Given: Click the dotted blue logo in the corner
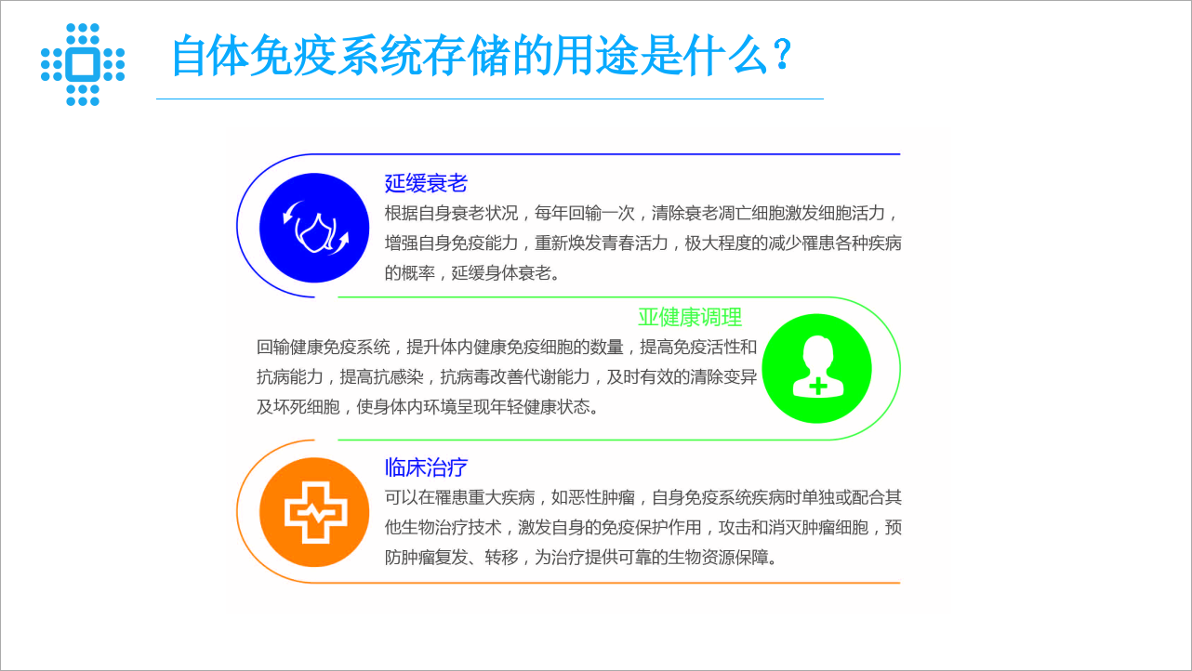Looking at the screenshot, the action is tap(83, 64).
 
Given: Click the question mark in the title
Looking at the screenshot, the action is tap(782, 54).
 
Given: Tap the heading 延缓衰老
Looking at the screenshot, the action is tap(426, 183).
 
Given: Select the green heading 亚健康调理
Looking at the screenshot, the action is tap(690, 318).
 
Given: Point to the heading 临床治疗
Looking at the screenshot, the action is tap(426, 467).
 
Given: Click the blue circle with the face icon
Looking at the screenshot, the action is tap(314, 228).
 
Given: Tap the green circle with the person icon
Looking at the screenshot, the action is tap(817, 368).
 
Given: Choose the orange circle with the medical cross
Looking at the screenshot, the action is tap(314, 512).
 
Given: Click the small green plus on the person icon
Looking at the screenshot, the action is tap(818, 386).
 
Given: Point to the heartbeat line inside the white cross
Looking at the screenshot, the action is tap(316, 514).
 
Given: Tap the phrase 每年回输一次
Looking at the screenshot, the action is tap(584, 213).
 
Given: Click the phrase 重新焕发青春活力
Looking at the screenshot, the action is tap(601, 243).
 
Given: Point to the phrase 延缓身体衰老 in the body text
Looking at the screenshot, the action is tap(501, 272).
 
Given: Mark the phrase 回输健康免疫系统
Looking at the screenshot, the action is tap(323, 348).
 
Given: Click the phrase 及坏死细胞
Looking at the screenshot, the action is tap(298, 407).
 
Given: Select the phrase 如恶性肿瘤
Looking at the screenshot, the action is tap(593, 497).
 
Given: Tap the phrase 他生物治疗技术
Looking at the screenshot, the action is tap(443, 528).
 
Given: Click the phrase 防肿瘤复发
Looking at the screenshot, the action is tap(426, 558).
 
